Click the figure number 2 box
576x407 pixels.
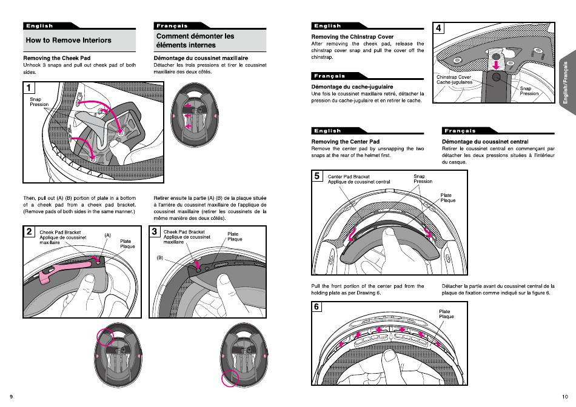click(x=29, y=231)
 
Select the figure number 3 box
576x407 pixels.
click(x=155, y=231)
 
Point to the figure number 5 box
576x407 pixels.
click(x=317, y=176)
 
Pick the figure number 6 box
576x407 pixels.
click(x=317, y=306)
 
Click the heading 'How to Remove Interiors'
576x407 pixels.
click(x=68, y=41)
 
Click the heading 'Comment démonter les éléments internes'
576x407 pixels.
click(x=195, y=41)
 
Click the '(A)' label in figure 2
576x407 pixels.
click(x=108, y=235)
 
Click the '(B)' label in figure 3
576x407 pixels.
click(x=161, y=257)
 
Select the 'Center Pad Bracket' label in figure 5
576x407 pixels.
click(x=349, y=177)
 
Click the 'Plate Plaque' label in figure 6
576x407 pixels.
click(x=446, y=314)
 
